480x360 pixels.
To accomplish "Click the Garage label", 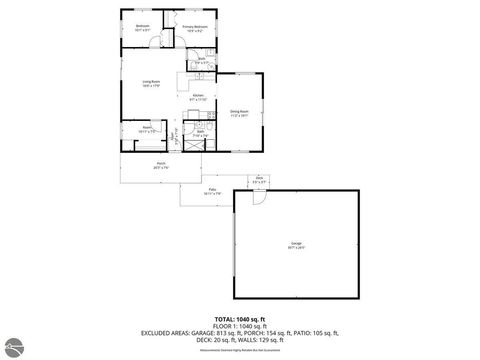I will click(x=297, y=244).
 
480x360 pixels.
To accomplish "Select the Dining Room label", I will click(x=239, y=114).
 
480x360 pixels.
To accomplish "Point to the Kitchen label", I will click(x=197, y=97).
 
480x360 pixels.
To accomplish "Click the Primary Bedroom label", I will click(x=194, y=27).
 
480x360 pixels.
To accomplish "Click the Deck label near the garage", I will click(x=258, y=180).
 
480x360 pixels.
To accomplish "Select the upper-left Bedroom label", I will click(x=142, y=27).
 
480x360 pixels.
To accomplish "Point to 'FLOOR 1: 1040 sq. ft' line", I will click(x=239, y=325).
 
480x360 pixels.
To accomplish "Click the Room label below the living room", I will click(x=146, y=129).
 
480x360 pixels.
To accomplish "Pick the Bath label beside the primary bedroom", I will click(x=201, y=60).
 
